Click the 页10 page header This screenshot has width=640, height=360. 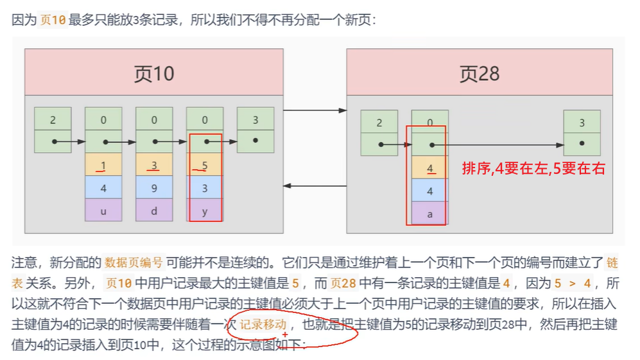pyautogui.click(x=154, y=73)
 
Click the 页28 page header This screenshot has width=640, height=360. pyautogui.click(x=479, y=73)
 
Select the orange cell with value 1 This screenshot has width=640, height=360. pyautogui.click(x=103, y=164)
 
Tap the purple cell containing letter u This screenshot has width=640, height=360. pyautogui.click(x=103, y=210)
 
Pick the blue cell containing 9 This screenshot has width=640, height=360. pyautogui.click(x=154, y=187)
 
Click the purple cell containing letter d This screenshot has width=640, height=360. pyautogui.click(x=154, y=210)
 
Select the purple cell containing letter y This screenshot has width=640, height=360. pyautogui.click(x=205, y=210)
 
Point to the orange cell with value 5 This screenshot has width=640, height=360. pyautogui.click(x=205, y=164)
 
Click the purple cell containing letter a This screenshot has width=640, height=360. pyautogui.click(x=429, y=214)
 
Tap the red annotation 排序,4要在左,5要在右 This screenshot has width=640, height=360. pyautogui.click(x=533, y=169)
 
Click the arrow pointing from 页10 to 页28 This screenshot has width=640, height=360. pyautogui.click(x=315, y=110)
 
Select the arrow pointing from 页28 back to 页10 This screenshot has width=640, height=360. pyautogui.click(x=315, y=186)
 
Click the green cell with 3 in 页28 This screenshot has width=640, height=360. pyautogui.click(x=582, y=123)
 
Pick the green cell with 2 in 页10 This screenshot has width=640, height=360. pyautogui.click(x=53, y=119)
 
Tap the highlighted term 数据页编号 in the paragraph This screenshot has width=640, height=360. pyautogui.click(x=134, y=262)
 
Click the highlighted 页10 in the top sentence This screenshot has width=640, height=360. pyautogui.click(x=53, y=20)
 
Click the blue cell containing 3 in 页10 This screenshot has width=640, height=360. pyautogui.click(x=205, y=187)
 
